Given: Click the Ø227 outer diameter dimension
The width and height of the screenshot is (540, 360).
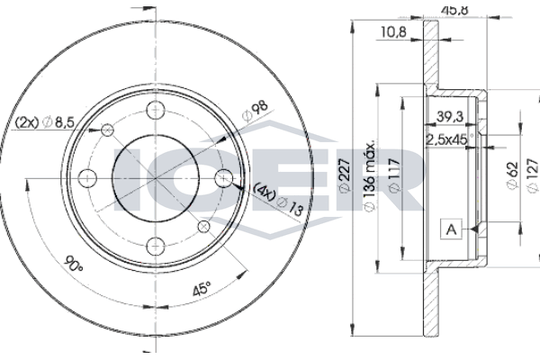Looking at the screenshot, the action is click(x=345, y=175).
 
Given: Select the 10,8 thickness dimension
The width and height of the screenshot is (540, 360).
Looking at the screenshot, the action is click(x=393, y=31).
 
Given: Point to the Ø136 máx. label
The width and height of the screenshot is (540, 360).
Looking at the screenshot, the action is click(x=369, y=176).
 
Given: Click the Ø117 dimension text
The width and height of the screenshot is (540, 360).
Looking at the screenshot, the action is click(x=395, y=175).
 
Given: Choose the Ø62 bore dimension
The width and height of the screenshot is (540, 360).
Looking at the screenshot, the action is click(x=512, y=175).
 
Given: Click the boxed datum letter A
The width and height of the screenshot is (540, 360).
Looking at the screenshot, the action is click(x=451, y=229).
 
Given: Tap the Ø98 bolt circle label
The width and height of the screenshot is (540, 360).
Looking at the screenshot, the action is click(x=255, y=111).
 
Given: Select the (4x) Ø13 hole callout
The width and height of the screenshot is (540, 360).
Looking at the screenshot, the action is click(x=279, y=199).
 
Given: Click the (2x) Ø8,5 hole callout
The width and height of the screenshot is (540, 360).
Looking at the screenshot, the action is click(x=44, y=122).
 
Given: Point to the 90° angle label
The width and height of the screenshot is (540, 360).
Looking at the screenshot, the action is click(x=75, y=263).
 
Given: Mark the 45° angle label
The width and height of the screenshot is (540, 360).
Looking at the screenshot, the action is click(x=201, y=289).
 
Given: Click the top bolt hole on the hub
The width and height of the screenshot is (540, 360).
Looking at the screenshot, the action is click(x=156, y=111).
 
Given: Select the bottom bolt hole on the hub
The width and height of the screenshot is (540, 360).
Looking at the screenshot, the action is click(x=156, y=247).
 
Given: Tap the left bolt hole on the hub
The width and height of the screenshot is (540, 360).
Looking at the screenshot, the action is click(x=87, y=178).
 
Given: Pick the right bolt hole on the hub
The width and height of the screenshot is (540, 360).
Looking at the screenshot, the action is click(x=224, y=178).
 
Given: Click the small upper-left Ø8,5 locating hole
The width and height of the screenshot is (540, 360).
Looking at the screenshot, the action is click(x=107, y=130).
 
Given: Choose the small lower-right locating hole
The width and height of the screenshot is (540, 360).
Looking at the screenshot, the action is click(x=204, y=227).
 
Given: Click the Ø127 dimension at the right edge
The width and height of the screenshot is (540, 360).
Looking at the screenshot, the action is click(x=533, y=175).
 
